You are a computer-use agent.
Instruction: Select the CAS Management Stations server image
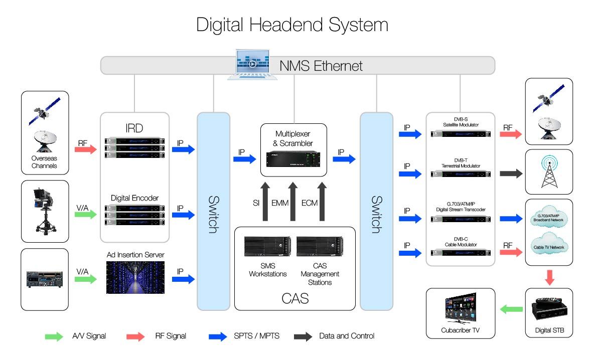319,247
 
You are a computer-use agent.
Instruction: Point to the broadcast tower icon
548,172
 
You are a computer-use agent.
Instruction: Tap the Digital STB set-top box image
548,310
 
